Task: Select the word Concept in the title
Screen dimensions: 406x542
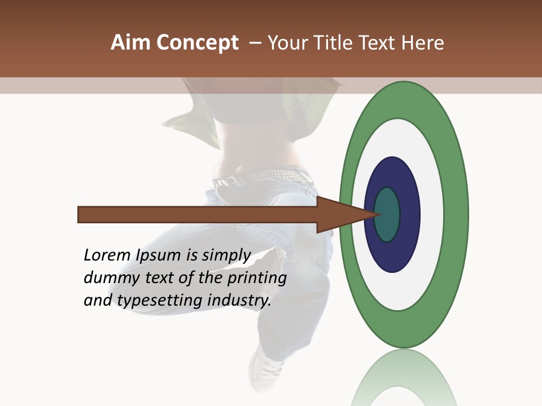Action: [198, 43]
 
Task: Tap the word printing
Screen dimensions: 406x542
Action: [257, 279]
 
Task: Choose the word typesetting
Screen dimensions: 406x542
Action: [160, 301]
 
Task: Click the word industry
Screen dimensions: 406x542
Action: [239, 301]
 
